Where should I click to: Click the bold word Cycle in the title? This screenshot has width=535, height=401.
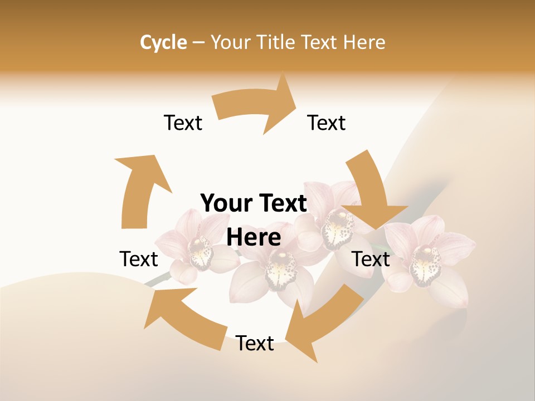coord(163,42)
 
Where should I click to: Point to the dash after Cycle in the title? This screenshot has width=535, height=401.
coord(198,43)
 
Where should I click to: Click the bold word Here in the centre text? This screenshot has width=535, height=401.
coord(254,238)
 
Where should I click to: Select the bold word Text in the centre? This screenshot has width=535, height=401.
coord(281,204)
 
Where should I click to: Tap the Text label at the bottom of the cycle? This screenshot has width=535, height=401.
coord(255,344)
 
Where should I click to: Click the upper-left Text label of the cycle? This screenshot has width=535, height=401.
coord(183,123)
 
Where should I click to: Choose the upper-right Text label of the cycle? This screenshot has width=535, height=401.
coord(327,123)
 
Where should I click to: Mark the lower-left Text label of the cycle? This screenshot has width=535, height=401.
coord(139,259)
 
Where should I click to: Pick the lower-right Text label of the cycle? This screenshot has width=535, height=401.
coord(371,259)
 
